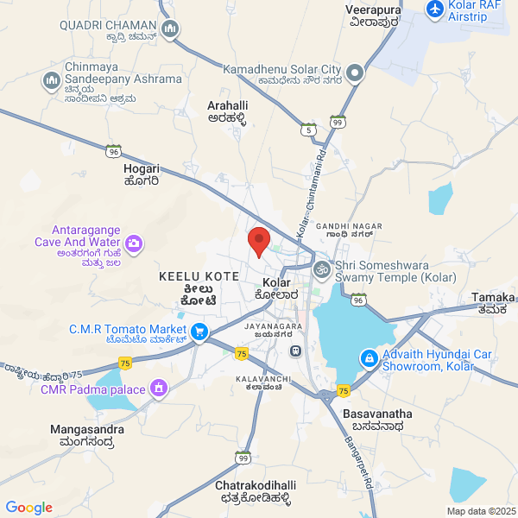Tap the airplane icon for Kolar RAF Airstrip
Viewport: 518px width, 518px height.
pyautogui.click(x=435, y=9)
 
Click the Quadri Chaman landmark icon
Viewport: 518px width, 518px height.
pyautogui.click(x=171, y=29)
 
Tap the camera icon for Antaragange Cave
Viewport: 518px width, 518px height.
pyautogui.click(x=134, y=244)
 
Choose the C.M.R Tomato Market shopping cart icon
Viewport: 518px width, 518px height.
pyautogui.click(x=199, y=331)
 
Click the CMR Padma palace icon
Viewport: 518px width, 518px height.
pyautogui.click(x=158, y=389)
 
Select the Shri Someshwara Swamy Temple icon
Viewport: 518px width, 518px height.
pyautogui.click(x=321, y=269)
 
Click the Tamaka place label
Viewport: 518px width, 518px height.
pyautogui.click(x=494, y=303)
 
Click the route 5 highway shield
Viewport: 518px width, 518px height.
pyautogui.click(x=307, y=129)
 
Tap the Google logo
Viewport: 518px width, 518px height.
pyautogui.click(x=28, y=508)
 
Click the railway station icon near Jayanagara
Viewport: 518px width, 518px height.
pyautogui.click(x=295, y=351)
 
